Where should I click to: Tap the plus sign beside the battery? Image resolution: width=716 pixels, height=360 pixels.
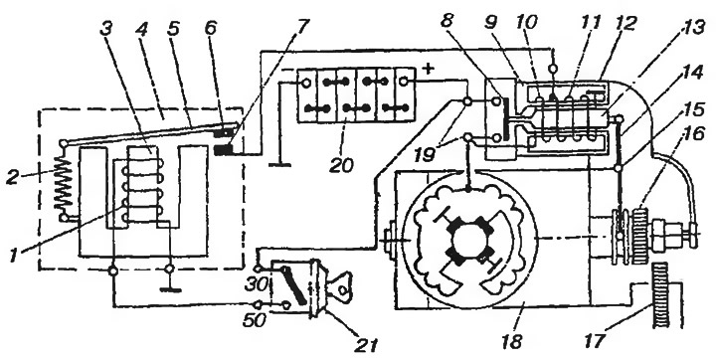(x=428, y=69)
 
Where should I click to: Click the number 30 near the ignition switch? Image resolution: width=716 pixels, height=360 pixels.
(x=255, y=285)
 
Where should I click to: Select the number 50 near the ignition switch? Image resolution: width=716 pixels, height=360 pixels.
(x=255, y=319)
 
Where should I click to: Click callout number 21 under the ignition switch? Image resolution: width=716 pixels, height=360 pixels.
(x=366, y=345)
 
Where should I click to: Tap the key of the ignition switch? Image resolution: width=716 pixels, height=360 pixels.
(x=340, y=285)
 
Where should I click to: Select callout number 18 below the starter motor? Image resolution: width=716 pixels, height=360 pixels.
(x=512, y=340)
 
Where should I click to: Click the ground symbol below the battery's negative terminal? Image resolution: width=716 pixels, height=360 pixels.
(x=279, y=164)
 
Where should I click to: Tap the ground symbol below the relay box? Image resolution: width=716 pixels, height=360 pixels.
(x=169, y=289)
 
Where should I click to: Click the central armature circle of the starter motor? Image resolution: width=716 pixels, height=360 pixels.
(x=469, y=239)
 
